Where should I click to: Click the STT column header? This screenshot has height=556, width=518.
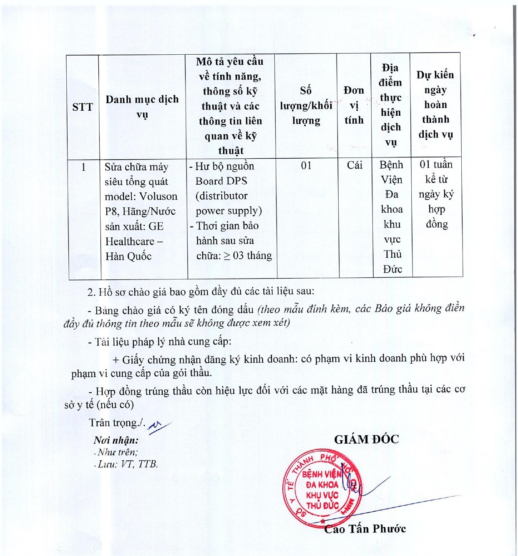pyautogui.click(x=83, y=107)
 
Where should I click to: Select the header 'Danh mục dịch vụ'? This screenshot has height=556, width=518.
pyautogui.click(x=142, y=107)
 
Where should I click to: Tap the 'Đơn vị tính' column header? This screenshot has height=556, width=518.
pyautogui.click(x=354, y=105)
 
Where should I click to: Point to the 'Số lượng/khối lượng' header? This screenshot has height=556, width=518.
pyautogui.click(x=306, y=105)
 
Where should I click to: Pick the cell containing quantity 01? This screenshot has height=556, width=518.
pyautogui.click(x=306, y=166)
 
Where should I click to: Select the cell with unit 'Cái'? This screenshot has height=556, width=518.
pyautogui.click(x=355, y=165)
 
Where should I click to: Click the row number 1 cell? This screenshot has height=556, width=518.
pyautogui.click(x=83, y=167)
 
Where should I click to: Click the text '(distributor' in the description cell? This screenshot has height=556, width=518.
pyautogui.click(x=221, y=196)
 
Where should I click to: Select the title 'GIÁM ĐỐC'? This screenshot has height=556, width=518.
pyautogui.click(x=366, y=439)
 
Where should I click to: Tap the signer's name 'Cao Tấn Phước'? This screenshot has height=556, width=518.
pyautogui.click(x=365, y=529)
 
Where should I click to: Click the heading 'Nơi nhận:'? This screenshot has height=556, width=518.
pyautogui.click(x=116, y=440)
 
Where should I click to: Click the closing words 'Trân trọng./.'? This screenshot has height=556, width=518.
pyautogui.click(x=117, y=423)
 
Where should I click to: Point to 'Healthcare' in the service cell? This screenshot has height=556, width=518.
pyautogui.click(x=130, y=241)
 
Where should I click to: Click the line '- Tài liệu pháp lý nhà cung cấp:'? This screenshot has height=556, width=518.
pyautogui.click(x=159, y=342)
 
